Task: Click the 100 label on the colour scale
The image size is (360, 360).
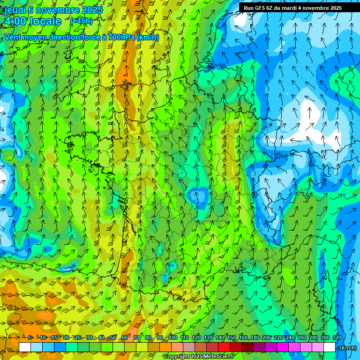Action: pyautogui.click(x=173, y=337)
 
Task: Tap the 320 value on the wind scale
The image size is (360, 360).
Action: pyautogui.click(x=337, y=337)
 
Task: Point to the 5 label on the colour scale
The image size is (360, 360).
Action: pyautogui.click(x=30, y=337)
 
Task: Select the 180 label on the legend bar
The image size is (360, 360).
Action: pyautogui.click(x=255, y=337)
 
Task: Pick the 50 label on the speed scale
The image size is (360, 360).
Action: pyautogui.click(x=113, y=337)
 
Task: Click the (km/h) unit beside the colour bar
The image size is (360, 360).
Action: pyautogui.click(x=348, y=347)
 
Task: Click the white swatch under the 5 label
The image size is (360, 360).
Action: pyautogui.click(x=25, y=347)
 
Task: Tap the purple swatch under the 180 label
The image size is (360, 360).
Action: pyautogui.click(x=259, y=347)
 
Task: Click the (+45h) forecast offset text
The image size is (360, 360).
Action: pyautogui.click(x=81, y=21)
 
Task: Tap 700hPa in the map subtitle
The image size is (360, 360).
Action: pyautogui.click(x=121, y=37)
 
